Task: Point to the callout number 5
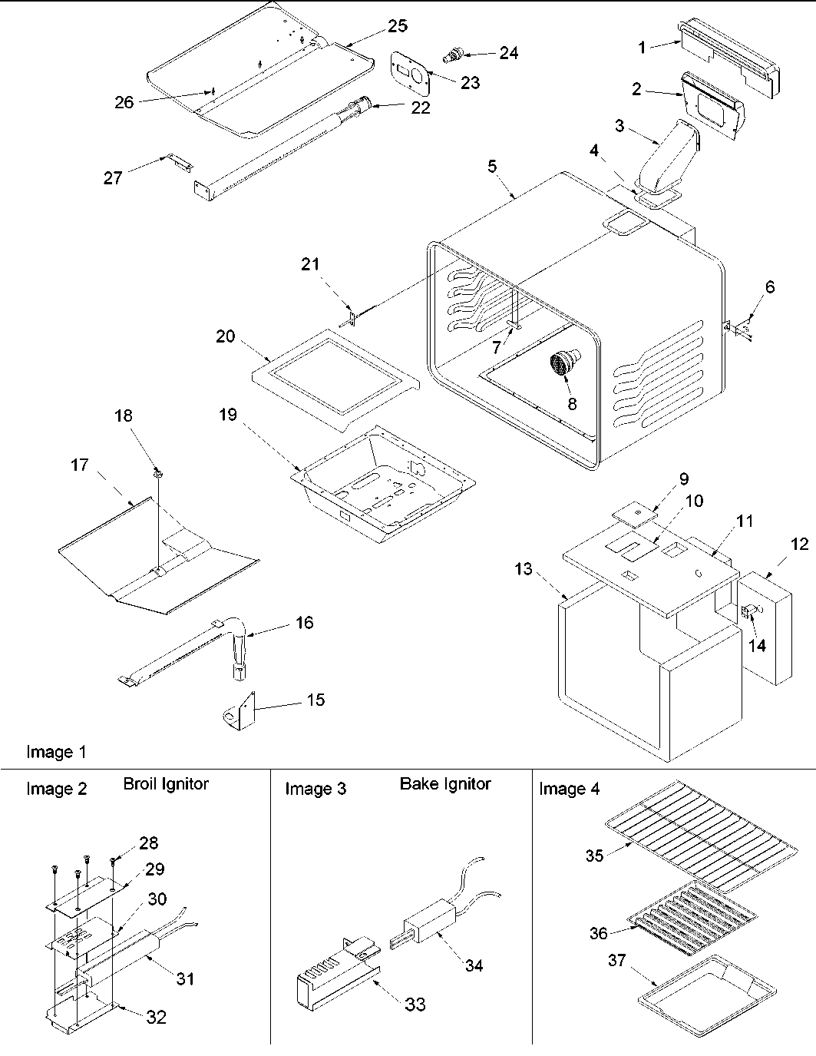tap(492, 165)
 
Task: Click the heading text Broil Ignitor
tap(165, 784)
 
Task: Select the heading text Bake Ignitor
tap(444, 784)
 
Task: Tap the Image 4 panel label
tap(569, 789)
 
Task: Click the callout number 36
tap(598, 933)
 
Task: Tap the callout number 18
tap(124, 416)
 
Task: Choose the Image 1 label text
tap(56, 752)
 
